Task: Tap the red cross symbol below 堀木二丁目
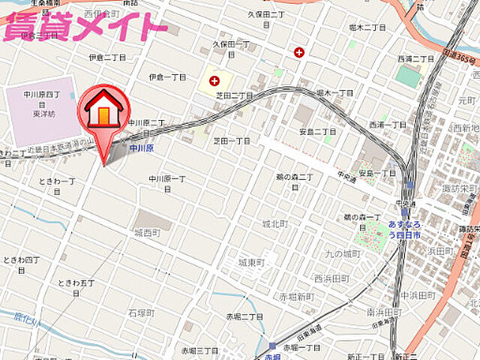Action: (300, 52)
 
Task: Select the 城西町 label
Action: (147, 233)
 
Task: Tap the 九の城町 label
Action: (342, 253)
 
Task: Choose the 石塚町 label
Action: (141, 312)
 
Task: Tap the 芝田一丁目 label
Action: (232, 140)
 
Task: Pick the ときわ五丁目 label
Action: (77, 286)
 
